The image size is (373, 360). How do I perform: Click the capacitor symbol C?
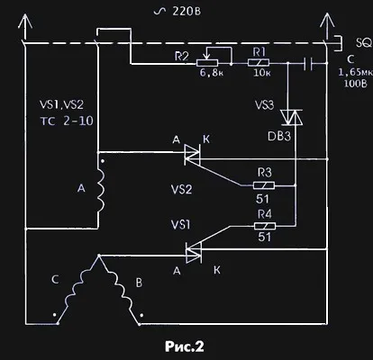click(308, 64)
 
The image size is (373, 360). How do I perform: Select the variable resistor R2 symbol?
click(207, 63)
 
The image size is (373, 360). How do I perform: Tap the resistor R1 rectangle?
click(259, 63)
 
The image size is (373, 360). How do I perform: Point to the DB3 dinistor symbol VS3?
click(291, 117)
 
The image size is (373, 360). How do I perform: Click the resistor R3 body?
click(264, 185)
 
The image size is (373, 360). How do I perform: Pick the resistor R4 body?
click(265, 226)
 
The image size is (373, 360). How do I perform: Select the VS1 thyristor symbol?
click(194, 252)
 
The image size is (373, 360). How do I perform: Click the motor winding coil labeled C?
click(77, 289)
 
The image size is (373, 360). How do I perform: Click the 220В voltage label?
click(177, 12)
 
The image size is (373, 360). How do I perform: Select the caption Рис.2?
click(185, 346)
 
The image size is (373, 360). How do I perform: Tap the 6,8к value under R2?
click(212, 73)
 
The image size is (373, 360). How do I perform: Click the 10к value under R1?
click(262, 73)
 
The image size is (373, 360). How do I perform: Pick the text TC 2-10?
click(67, 121)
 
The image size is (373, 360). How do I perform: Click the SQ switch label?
click(364, 43)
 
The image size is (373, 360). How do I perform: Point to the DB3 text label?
click(279, 137)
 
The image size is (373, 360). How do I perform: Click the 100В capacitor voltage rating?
click(355, 83)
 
